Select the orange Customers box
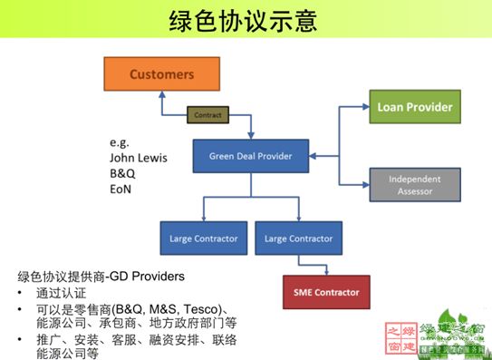click(x=161, y=73)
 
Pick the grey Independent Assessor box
click(x=410, y=184)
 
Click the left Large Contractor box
click(x=203, y=238)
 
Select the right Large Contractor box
click(x=297, y=238)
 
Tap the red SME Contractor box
click(x=325, y=292)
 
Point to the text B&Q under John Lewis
click(x=122, y=175)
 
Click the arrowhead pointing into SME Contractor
click(x=325, y=271)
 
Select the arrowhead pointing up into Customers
click(x=161, y=95)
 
